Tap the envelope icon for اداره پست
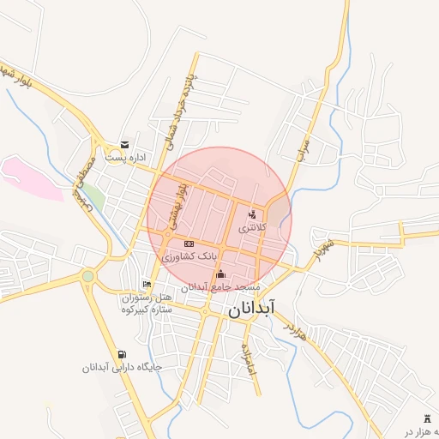(125, 145)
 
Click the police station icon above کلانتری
(252, 214)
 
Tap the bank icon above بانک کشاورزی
(189, 244)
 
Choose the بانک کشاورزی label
(189, 256)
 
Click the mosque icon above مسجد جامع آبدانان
(221, 274)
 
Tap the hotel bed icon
(147, 284)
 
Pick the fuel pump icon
(122, 355)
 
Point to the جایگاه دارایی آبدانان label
(122, 368)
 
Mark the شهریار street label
(321, 250)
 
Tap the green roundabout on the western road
(87, 276)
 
